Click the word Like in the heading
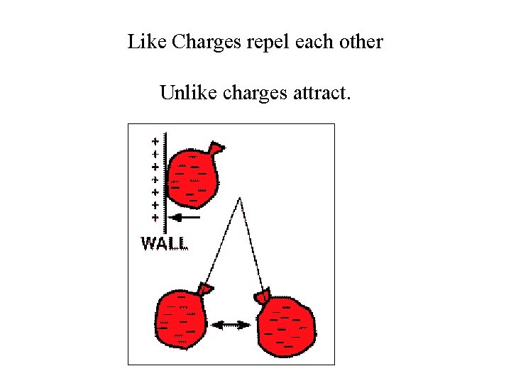click(x=144, y=42)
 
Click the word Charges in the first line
click(x=204, y=43)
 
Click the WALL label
click(x=165, y=243)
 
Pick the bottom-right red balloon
click(x=286, y=326)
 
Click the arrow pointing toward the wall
click(x=186, y=217)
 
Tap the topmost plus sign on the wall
click(x=155, y=140)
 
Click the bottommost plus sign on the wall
click(x=155, y=217)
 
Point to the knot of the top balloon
click(x=216, y=148)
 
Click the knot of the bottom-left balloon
click(x=206, y=288)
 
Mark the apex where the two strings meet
click(x=240, y=199)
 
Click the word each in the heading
click(x=313, y=42)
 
